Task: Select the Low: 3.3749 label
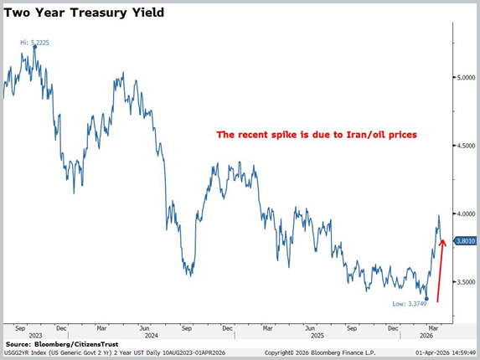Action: tap(408, 303)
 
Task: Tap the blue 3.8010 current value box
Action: tap(466, 241)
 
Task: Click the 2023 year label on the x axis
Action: tap(35, 336)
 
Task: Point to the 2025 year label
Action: tap(310, 336)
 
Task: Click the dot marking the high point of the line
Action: tap(34, 47)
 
